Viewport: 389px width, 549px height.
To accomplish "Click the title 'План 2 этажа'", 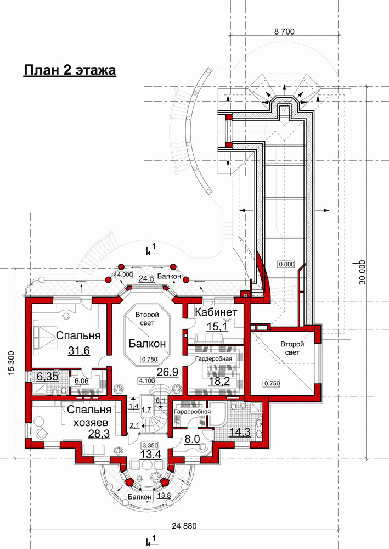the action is click(70, 70).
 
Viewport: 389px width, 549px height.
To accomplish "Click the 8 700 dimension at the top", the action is click(284, 31).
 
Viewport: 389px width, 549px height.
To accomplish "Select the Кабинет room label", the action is click(216, 312).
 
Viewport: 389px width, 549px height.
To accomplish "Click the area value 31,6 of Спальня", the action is click(79, 350).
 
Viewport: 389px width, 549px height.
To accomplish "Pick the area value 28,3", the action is click(99, 434).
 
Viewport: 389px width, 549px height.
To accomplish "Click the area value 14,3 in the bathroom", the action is click(240, 432).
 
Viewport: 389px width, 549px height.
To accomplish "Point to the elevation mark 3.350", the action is click(150, 445).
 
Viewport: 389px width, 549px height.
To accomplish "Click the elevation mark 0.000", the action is click(286, 264).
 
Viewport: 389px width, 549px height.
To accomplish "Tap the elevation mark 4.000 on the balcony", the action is click(125, 274).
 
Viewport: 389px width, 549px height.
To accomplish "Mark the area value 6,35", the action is click(47, 377).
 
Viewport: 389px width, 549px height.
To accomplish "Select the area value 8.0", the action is click(192, 439).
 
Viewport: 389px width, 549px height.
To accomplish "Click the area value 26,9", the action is click(167, 372).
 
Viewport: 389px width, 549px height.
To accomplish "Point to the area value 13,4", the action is click(150, 455).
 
